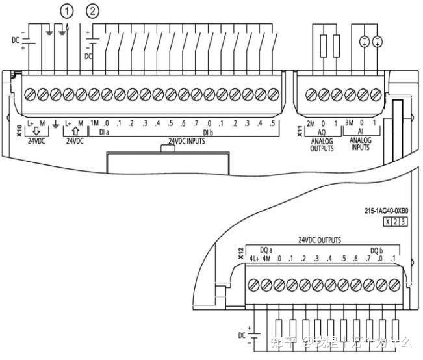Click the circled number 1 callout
[x=66, y=10]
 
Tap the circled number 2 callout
[x=94, y=10]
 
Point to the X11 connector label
[x=300, y=129]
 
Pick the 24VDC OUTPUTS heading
[x=319, y=240]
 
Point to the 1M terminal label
[x=94, y=123]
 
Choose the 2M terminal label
[x=311, y=123]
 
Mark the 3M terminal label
[x=350, y=123]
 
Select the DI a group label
[x=103, y=131]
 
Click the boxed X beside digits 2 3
[x=389, y=222]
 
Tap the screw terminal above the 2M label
[x=311, y=95]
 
